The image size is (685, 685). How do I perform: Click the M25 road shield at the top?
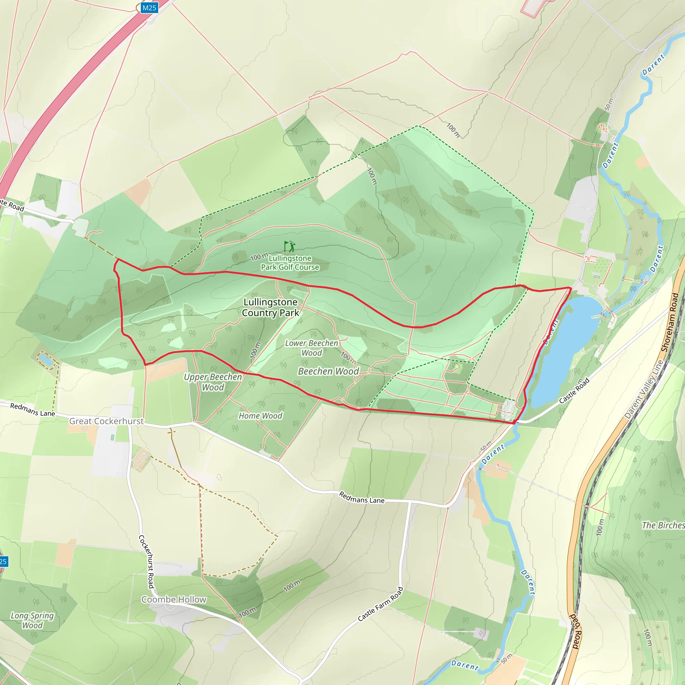coord(149,8)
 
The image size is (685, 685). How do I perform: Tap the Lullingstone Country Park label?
coord(271,307)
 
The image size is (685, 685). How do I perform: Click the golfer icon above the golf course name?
coord(290,246)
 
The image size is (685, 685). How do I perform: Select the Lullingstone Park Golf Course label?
coord(290,263)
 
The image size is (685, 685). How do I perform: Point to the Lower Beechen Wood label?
coord(312,348)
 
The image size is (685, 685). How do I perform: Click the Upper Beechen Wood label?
coord(213,382)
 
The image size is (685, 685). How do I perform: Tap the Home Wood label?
coord(260,416)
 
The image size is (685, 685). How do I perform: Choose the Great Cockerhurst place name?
coord(106,421)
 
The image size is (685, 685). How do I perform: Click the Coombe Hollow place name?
coord(174,599)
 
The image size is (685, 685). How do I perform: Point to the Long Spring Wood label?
coord(32,620)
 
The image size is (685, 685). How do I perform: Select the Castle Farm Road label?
coord(380,604)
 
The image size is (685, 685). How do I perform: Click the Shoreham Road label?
coord(670,322)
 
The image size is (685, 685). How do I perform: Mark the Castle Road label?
coord(574,391)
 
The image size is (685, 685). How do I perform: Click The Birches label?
coord(663,525)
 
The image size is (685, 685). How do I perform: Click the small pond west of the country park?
coord(46,360)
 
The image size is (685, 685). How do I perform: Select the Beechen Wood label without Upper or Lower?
coord(328,371)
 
